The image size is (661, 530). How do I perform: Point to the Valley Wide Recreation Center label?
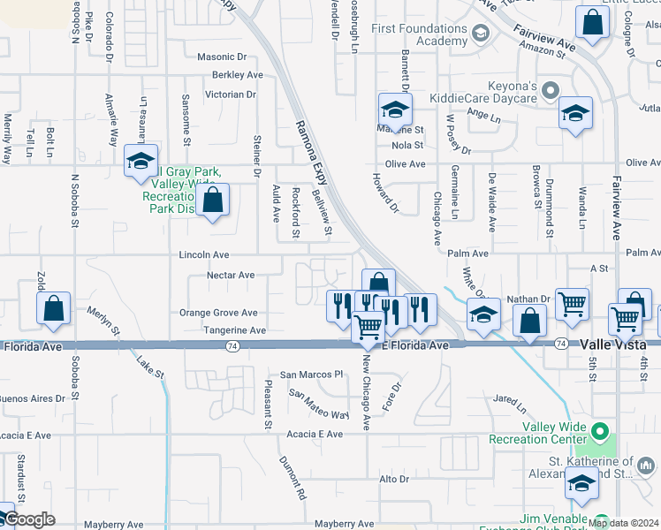[554, 433]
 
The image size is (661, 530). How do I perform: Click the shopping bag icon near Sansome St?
[213, 201]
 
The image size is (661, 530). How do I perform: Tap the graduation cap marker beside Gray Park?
[141, 162]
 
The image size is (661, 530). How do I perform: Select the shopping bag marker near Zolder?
[54, 309]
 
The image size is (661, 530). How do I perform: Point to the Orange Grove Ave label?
[218, 313]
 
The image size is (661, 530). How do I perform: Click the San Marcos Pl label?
[311, 375]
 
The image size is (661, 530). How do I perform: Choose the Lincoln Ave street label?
[204, 254]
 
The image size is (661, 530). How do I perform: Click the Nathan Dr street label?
[528, 299]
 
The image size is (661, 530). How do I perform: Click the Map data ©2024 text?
[623, 523]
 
